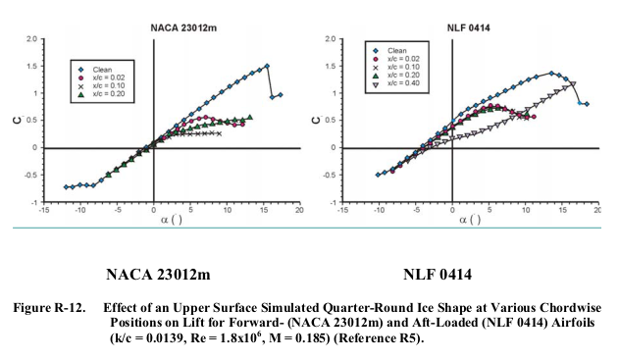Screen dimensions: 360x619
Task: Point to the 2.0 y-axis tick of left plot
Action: coord(32,39)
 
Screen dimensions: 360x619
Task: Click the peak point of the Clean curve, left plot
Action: coord(266,67)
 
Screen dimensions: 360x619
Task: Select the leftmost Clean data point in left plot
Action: coord(67,186)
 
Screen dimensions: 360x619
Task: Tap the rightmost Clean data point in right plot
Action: coord(587,104)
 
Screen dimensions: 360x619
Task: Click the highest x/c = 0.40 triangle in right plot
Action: coord(573,84)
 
